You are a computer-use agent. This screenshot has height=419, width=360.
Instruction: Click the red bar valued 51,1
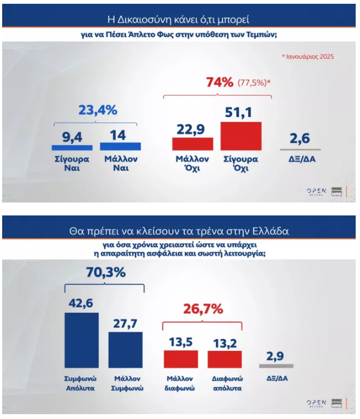(x=241, y=136)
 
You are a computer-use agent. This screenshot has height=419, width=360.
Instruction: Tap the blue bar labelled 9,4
(x=72, y=147)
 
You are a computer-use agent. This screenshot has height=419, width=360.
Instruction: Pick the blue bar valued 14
(x=120, y=146)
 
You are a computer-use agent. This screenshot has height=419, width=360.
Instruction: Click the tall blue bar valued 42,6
(x=82, y=340)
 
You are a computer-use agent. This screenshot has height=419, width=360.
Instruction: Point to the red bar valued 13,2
(x=224, y=359)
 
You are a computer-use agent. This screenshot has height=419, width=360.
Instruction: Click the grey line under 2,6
(x=301, y=149)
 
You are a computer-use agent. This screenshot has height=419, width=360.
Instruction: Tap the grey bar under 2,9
(x=276, y=366)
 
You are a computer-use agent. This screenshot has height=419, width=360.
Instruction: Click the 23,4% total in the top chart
(x=98, y=110)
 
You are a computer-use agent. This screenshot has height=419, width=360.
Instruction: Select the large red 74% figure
(x=219, y=83)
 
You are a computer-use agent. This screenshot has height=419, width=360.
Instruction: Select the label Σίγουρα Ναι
(x=72, y=164)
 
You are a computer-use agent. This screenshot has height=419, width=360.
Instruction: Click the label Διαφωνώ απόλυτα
(x=224, y=383)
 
